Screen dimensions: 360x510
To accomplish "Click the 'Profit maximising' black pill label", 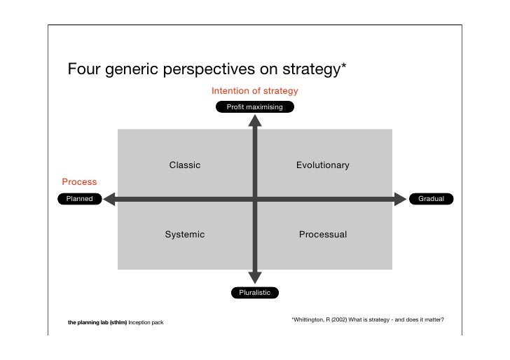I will point(254,107).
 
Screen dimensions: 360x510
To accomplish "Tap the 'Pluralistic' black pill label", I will point(254,292).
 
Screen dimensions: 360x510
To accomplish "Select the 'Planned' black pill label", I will point(79,199).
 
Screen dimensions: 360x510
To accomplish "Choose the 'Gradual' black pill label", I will point(431,199).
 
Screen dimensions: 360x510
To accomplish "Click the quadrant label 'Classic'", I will point(185,165).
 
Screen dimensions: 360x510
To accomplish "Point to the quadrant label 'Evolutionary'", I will point(322,165).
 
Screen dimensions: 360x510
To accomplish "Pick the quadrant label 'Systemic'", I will point(185,235).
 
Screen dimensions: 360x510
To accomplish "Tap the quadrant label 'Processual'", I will point(322,235).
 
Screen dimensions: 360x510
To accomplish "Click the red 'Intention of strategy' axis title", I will point(254,91).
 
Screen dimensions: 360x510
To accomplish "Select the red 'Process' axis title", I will point(79,182).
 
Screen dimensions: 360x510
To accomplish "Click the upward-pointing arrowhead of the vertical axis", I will point(255,120).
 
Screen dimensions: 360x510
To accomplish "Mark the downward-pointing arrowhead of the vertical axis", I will point(255,277).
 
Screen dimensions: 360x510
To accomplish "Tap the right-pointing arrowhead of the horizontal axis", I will point(400,200).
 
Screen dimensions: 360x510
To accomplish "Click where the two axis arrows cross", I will point(255,200).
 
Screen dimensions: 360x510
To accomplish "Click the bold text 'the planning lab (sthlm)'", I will point(97,323).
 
